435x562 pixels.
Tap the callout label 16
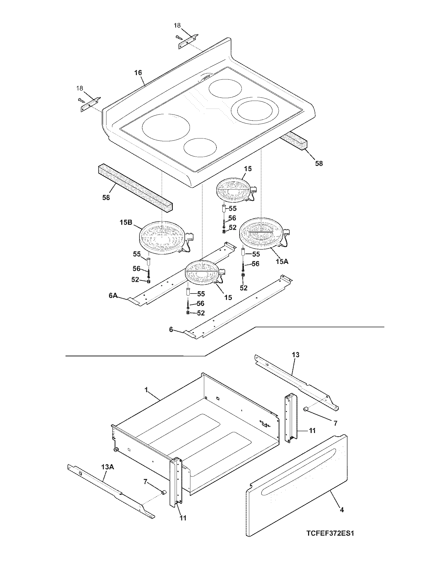tap(138, 73)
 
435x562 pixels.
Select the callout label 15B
tap(126, 222)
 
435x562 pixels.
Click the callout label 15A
tap(282, 261)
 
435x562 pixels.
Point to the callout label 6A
tap(113, 296)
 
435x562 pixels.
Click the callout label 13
tap(295, 355)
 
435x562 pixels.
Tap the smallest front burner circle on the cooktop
tap(200, 147)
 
